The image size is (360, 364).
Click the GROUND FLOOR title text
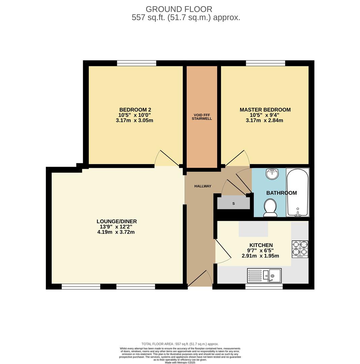tap(179, 9)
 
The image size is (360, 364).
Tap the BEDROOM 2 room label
tap(135, 110)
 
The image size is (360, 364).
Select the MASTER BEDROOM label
tap(265, 110)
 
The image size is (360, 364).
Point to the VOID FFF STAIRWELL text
tap(202, 117)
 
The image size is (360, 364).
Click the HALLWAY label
tap(203, 186)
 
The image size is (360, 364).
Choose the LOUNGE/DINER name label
tap(117, 221)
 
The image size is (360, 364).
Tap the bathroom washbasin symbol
tap(272, 174)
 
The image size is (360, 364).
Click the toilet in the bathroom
tap(270, 207)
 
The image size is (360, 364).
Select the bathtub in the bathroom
tap(297, 192)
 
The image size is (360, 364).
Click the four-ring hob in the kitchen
tap(300, 249)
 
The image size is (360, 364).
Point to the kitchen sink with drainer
tap(264, 275)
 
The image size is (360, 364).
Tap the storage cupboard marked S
tap(233, 203)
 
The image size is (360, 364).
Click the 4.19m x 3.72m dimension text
tap(116, 232)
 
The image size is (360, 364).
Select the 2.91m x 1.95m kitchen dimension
tap(260, 256)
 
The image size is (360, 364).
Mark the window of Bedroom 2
tap(136, 63)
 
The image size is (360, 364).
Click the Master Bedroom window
tap(265, 63)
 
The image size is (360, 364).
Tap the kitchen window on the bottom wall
tap(264, 286)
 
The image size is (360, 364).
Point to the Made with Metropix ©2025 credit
tap(180, 362)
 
